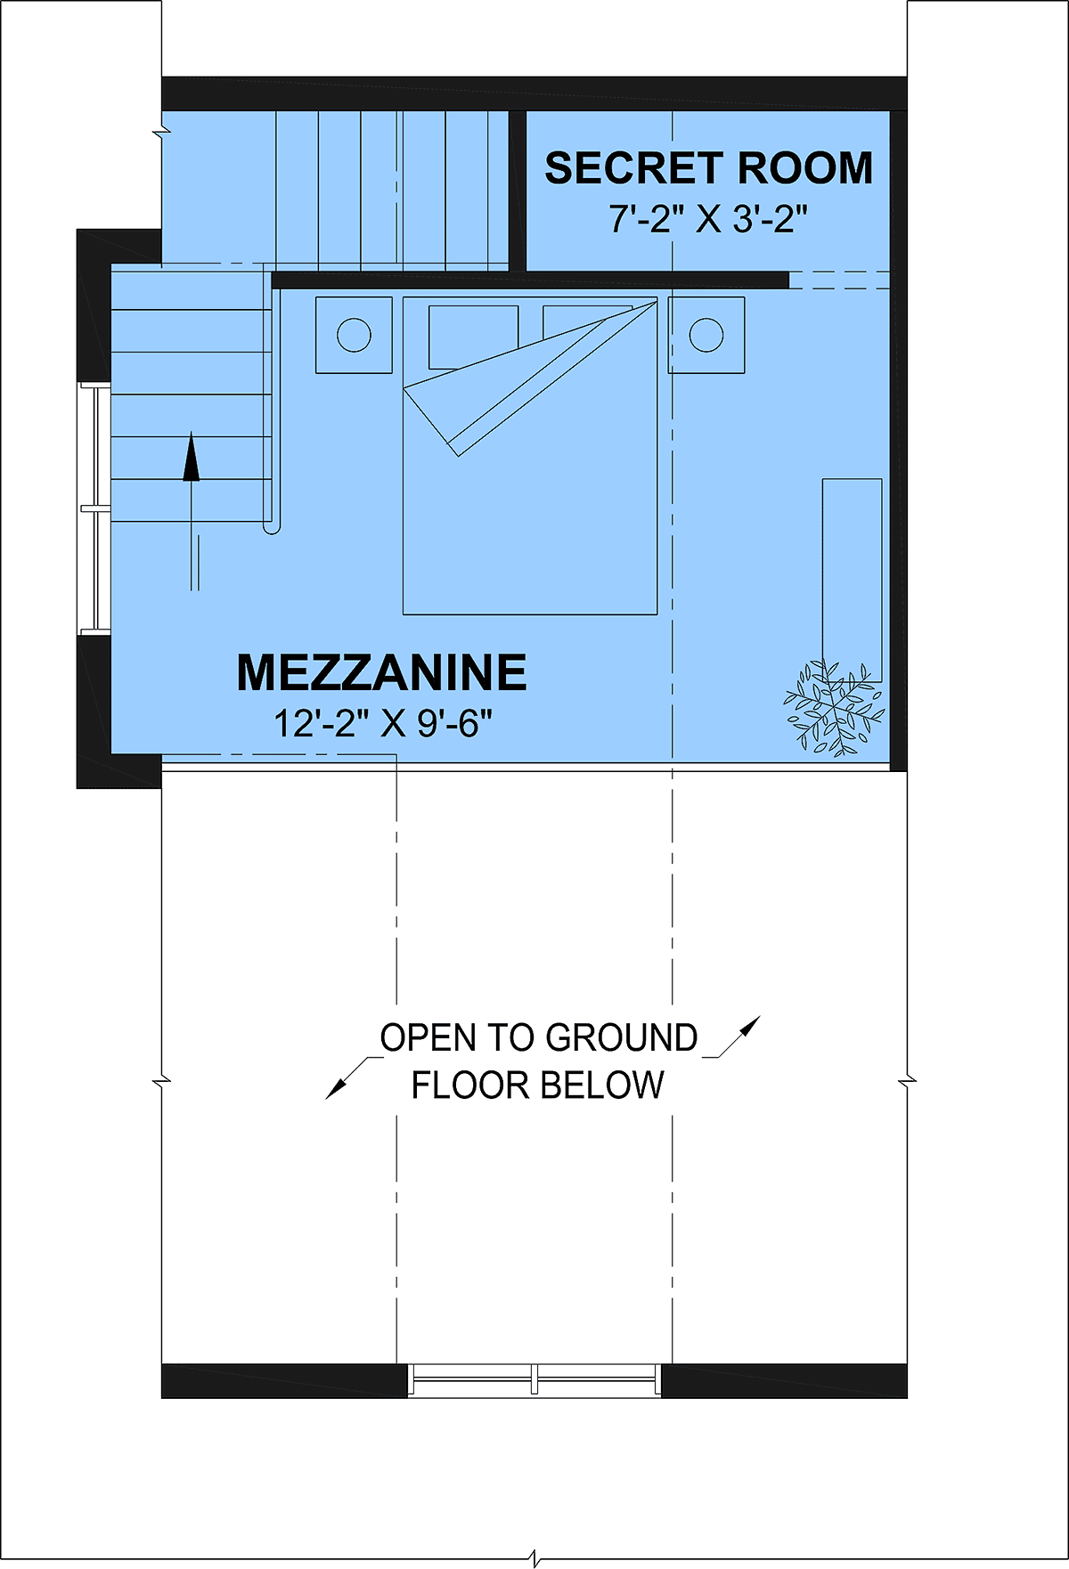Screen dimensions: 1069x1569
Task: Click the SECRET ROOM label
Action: click(708, 168)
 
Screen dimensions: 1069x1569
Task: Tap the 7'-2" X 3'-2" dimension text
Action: click(708, 218)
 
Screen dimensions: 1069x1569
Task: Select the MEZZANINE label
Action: click(381, 672)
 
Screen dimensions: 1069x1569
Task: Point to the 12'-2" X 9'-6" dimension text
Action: click(382, 723)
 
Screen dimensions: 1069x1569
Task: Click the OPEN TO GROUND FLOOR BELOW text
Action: click(539, 1061)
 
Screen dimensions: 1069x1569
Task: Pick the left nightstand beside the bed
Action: click(354, 335)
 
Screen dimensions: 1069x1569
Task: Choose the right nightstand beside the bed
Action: click(706, 335)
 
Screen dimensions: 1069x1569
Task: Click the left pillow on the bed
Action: click(473, 337)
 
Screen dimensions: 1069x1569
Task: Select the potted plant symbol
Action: click(834, 709)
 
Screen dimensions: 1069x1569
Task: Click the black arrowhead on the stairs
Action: click(192, 457)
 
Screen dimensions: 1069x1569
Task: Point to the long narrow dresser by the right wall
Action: click(852, 581)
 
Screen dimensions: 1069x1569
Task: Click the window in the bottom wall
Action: click(534, 1379)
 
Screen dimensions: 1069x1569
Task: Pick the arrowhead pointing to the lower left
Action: click(336, 1088)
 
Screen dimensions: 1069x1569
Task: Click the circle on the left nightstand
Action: click(354, 335)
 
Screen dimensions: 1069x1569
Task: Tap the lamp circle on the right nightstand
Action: click(706, 335)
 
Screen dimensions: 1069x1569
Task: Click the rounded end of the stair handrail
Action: click(272, 528)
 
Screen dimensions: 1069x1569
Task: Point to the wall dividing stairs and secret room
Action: click(518, 191)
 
